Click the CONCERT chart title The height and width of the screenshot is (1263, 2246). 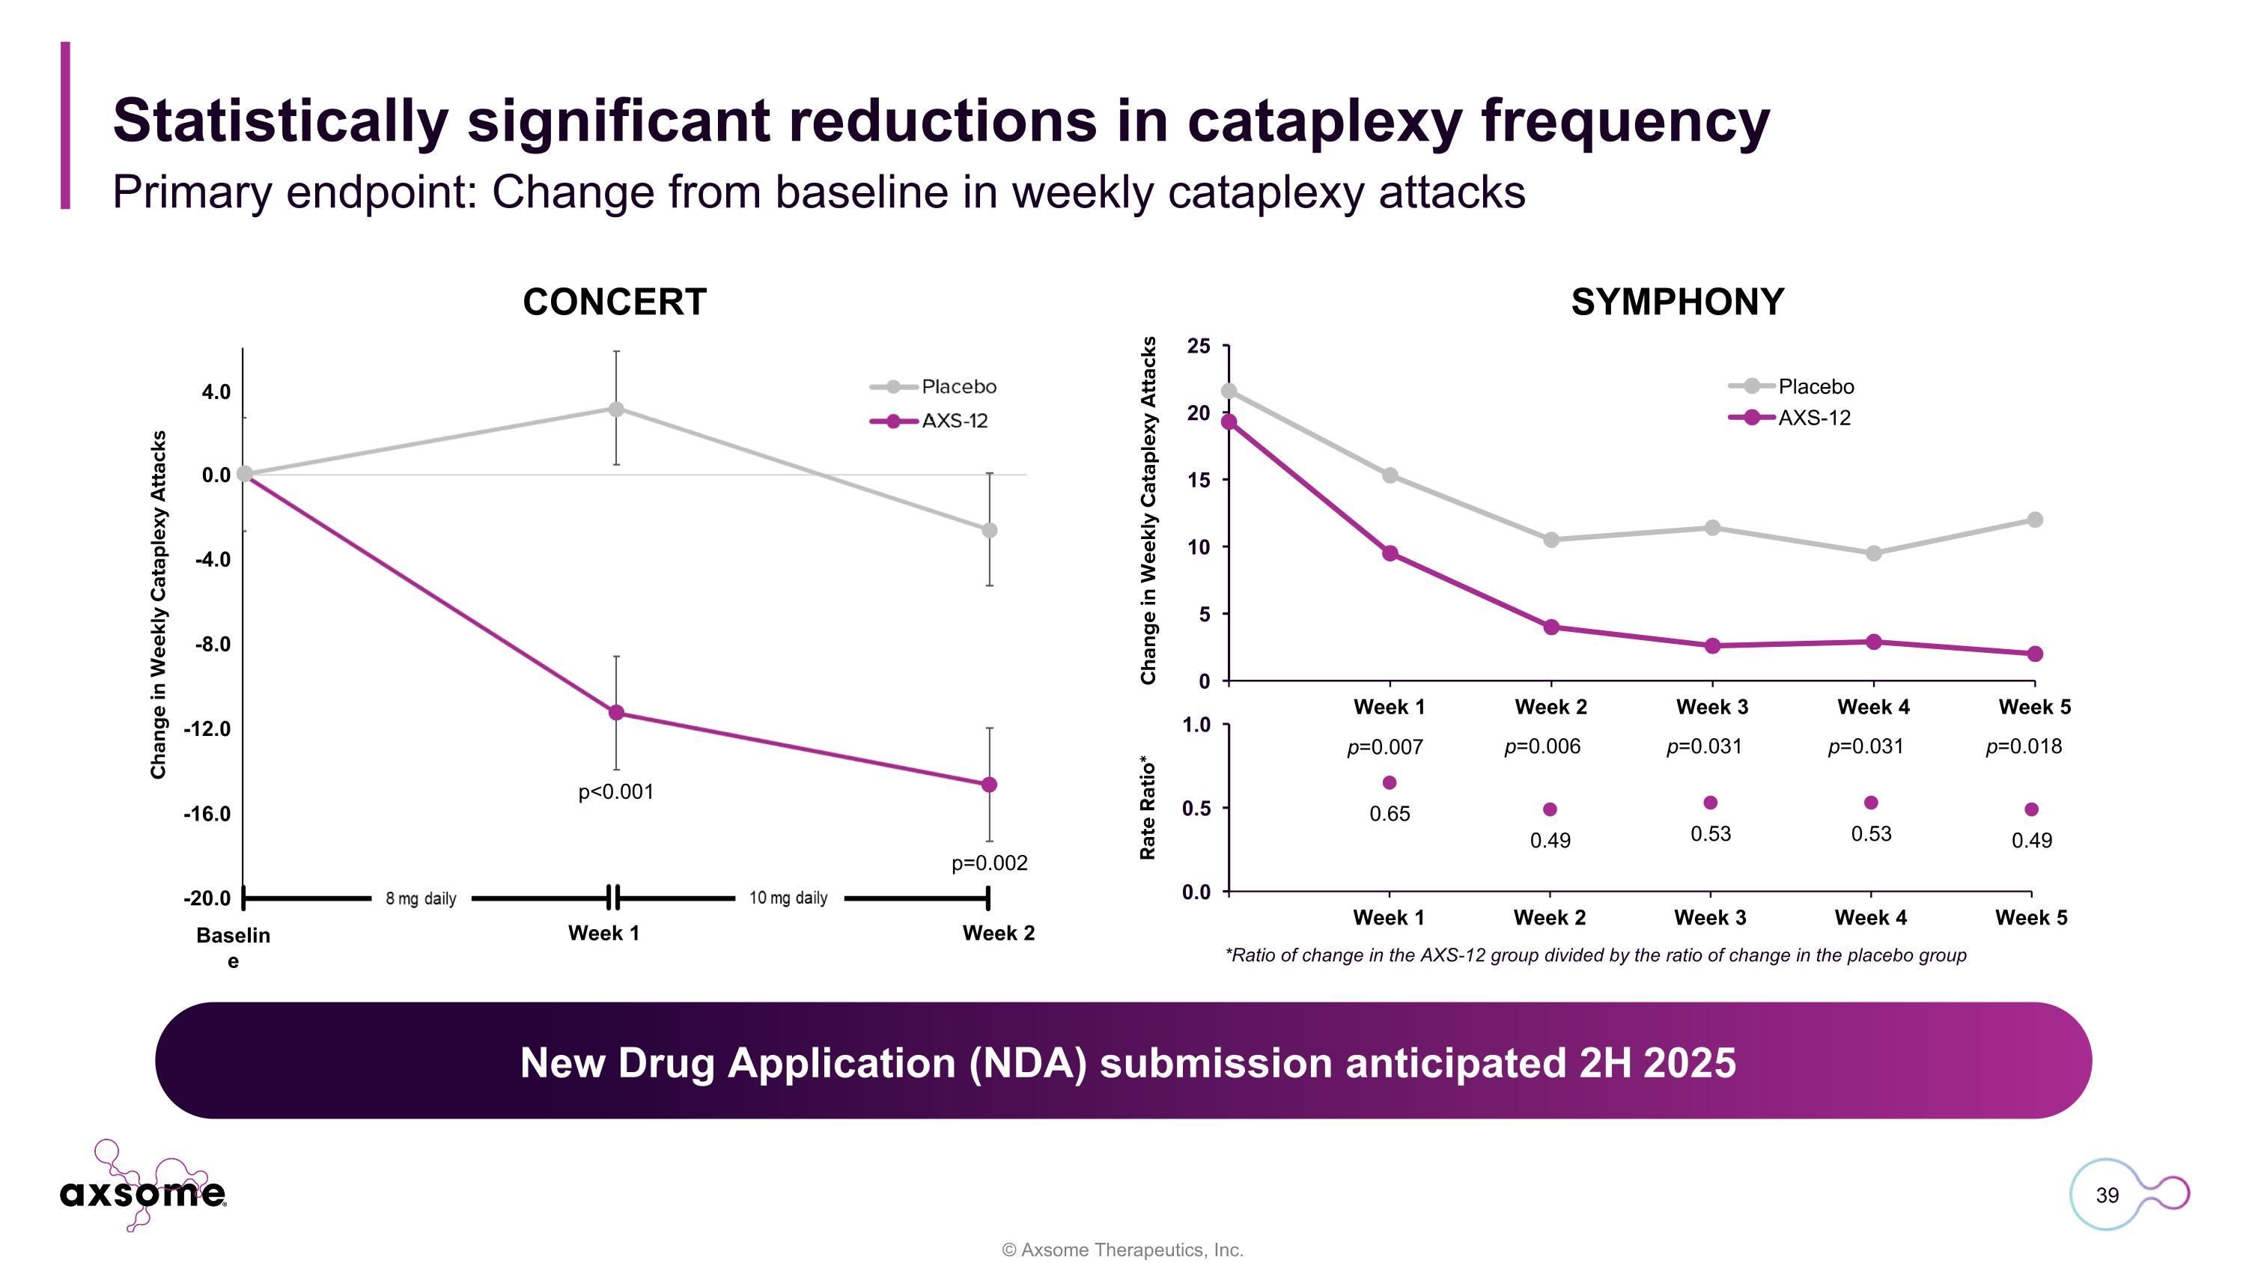coord(614,302)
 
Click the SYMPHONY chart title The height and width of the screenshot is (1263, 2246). coord(1677,302)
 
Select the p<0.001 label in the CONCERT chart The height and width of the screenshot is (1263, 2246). coord(615,791)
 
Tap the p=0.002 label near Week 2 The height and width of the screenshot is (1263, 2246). coord(989,863)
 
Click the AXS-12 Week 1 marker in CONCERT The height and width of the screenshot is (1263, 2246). coord(616,713)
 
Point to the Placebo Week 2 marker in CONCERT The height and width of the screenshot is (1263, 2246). coord(989,530)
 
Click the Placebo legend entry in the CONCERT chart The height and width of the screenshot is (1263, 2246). coord(958,386)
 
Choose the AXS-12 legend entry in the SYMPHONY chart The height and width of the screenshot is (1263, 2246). coord(1813,418)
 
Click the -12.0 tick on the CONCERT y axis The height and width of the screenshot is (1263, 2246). coord(207,728)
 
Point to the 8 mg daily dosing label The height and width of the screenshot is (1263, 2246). coord(421,898)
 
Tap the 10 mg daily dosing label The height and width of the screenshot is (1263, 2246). coord(788,898)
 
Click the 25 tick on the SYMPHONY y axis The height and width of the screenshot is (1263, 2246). coord(1199,346)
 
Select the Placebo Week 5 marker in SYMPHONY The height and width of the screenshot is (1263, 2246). coord(2034,520)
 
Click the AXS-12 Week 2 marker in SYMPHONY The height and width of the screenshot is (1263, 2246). coord(1551,627)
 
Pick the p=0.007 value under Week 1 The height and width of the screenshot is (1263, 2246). coord(1384,747)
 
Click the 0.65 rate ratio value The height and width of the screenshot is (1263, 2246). coord(1389,813)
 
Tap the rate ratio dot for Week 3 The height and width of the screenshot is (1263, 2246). coord(1711,803)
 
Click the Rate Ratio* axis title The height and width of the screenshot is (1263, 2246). coord(1148,808)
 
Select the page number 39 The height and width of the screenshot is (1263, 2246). coord(2107,1195)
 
